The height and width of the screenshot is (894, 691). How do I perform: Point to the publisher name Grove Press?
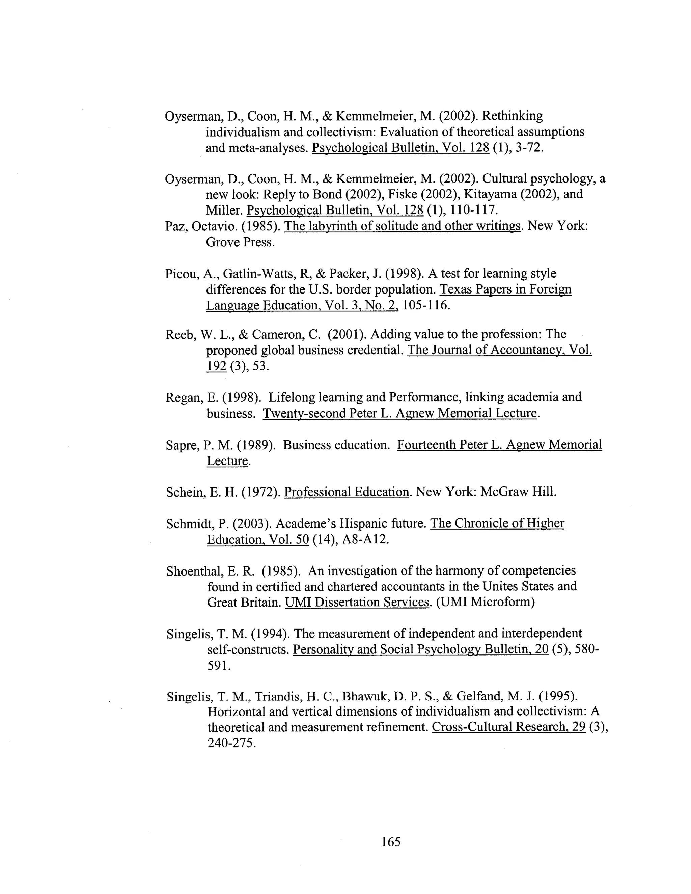pos(240,242)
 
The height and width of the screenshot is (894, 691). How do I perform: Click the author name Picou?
pos(182,274)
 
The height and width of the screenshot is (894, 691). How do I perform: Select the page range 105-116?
pos(426,305)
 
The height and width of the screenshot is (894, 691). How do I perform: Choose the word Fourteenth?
pos(426,445)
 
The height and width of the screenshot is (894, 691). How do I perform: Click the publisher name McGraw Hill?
pos(518,492)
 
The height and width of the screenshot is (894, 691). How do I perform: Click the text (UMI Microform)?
pos(485,603)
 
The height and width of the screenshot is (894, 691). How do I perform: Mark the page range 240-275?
pos(232,743)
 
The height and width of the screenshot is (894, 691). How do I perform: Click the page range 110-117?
pos(474,211)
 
